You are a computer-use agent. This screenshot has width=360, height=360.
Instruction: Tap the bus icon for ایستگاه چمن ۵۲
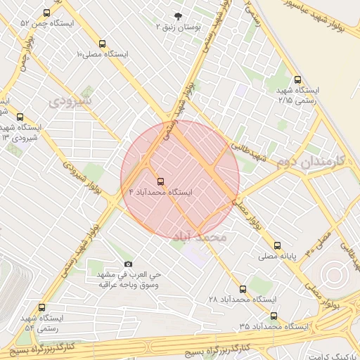(47, 13)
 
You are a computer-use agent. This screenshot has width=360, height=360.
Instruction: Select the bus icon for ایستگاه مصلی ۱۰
(103, 44)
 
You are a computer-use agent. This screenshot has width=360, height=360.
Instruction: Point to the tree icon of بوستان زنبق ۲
(176, 15)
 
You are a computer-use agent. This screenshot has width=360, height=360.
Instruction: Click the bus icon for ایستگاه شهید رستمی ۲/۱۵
(297, 80)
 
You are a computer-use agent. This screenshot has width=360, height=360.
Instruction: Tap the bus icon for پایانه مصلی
(278, 246)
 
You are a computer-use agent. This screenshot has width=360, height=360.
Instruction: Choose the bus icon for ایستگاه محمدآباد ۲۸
(243, 289)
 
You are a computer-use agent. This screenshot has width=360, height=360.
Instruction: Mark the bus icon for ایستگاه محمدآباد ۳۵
(274, 316)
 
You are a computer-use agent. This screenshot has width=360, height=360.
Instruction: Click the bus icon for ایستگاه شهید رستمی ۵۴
(42, 308)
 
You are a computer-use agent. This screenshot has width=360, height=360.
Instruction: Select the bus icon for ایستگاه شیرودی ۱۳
(20, 117)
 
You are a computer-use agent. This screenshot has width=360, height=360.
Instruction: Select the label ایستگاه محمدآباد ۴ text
(161, 192)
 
